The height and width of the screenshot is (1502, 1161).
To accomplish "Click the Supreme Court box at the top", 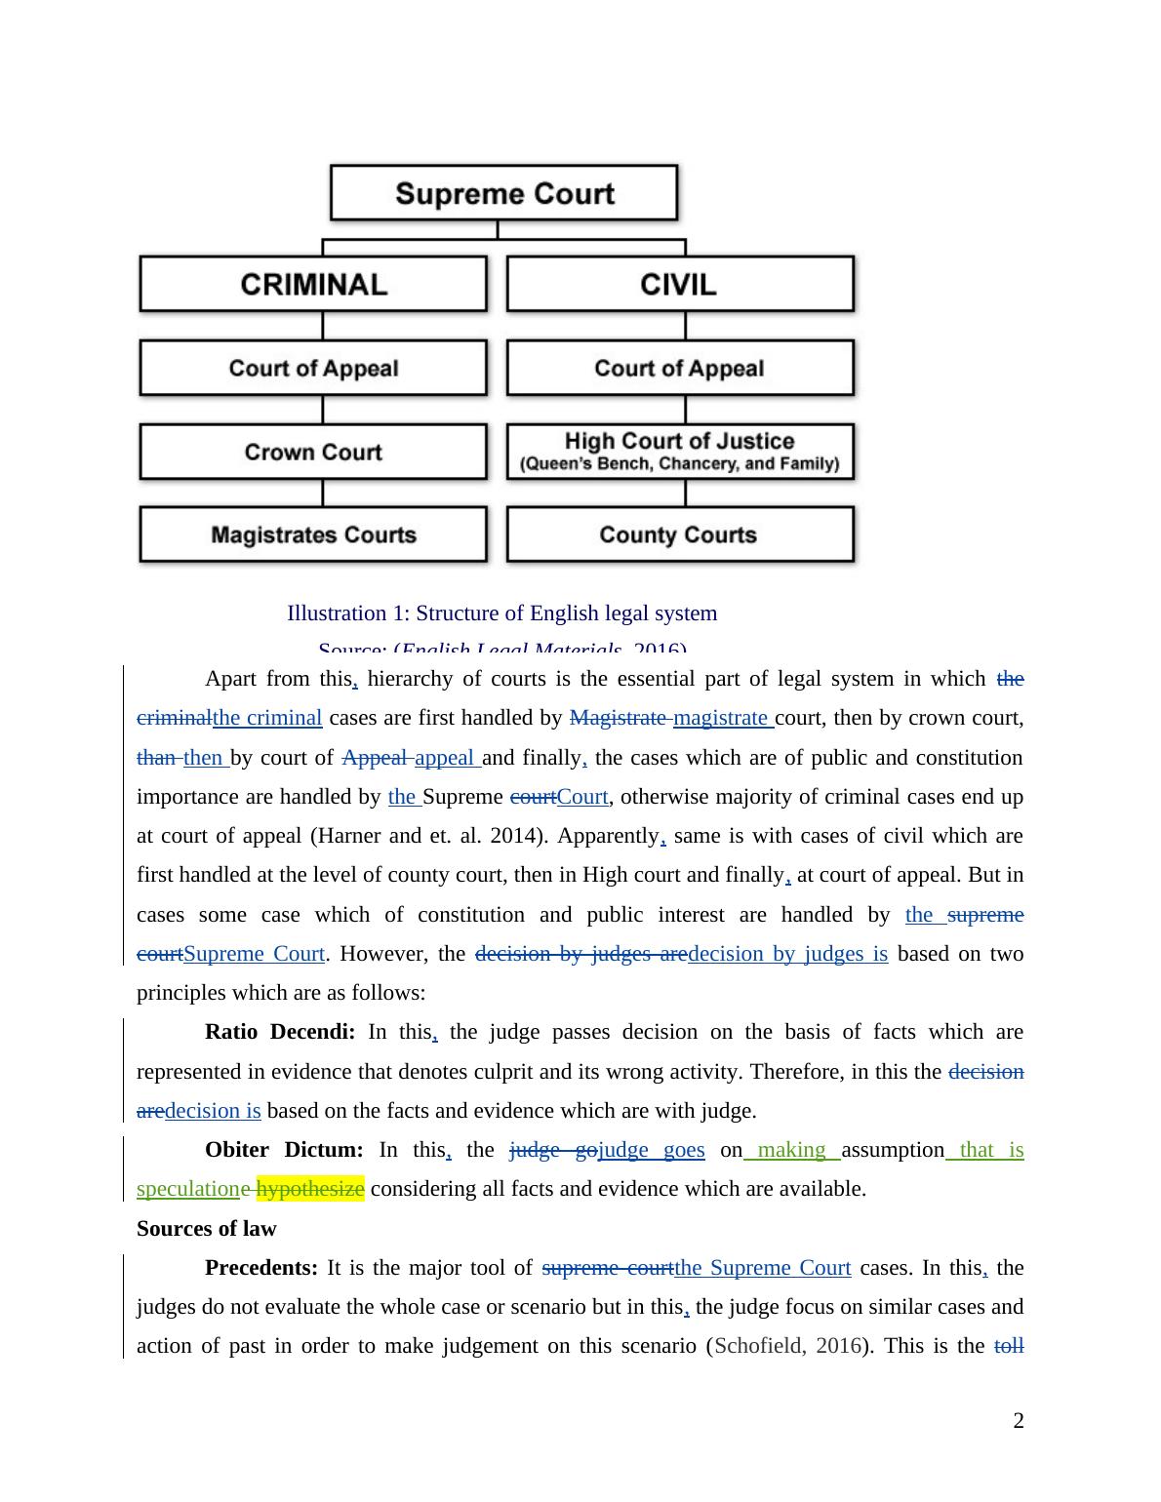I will pos(503,192).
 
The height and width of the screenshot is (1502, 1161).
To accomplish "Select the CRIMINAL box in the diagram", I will pos(313,284).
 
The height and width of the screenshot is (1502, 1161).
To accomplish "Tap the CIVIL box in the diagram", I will pos(679,284).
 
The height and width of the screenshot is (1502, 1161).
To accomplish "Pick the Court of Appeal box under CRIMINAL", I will pos(313,368).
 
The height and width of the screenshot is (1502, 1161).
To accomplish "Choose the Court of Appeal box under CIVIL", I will pos(679,368).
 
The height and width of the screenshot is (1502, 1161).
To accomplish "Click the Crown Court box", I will pos(313,452).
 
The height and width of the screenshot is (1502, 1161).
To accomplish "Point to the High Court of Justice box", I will pos(679,452).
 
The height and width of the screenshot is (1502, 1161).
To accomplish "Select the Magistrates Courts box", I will pos(313,534).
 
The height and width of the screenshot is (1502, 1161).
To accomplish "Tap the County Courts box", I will pos(679,534).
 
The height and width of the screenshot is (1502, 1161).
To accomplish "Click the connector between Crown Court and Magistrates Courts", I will pos(323,493).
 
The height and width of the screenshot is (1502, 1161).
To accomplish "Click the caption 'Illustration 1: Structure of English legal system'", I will pos(501,613).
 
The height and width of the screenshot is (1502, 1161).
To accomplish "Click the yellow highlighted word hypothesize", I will pos(310,1189).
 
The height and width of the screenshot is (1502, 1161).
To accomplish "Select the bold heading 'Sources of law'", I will pos(206,1229).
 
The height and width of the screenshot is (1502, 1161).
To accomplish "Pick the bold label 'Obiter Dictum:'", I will pos(284,1150).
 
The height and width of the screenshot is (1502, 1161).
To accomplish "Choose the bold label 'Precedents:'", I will pos(261,1268).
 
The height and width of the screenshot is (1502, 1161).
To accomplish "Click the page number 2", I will pos(1019,1421).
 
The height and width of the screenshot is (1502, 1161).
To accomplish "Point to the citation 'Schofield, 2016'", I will pos(788,1346).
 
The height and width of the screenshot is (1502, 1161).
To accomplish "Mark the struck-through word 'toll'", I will pos(1009,1346).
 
